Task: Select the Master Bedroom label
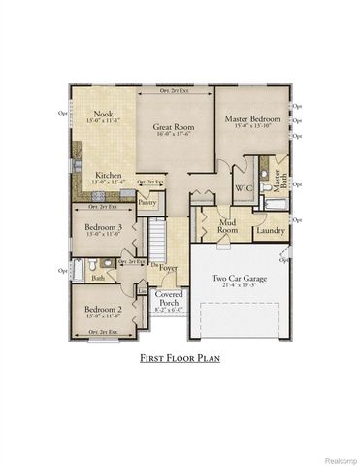tap(252, 119)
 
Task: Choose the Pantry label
tap(147, 202)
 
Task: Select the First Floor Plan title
tap(180, 357)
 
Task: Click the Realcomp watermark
tap(334, 458)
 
